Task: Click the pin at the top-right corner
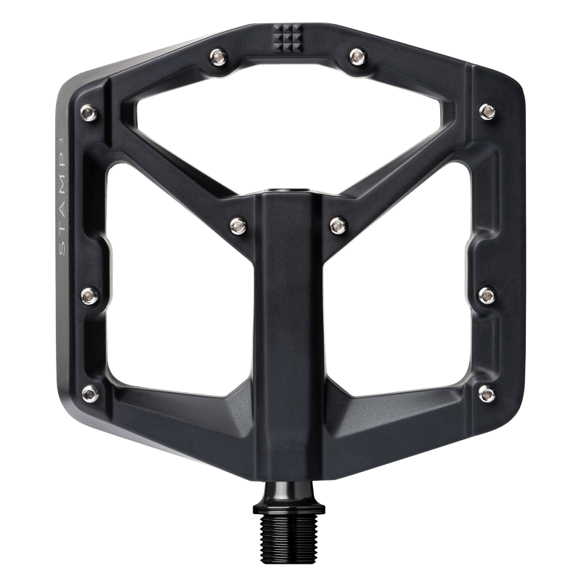pos(487,110)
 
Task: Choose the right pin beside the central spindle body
pos(336,224)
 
